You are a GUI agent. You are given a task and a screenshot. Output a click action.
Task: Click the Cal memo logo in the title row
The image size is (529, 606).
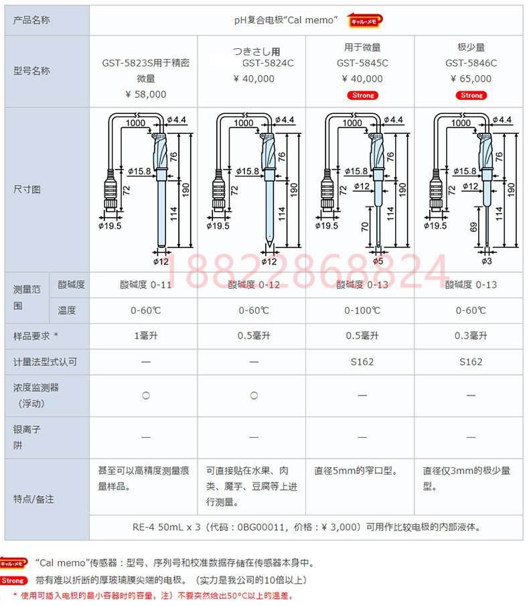click(x=364, y=21)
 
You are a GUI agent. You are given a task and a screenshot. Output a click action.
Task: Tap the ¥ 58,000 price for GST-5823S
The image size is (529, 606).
click(x=146, y=95)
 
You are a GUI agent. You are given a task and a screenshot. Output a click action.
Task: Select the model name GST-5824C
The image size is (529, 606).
click(x=268, y=63)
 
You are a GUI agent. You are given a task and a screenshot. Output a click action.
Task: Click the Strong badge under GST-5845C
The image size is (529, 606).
click(x=362, y=95)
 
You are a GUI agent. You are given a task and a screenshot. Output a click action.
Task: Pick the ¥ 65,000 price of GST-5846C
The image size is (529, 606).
click(x=471, y=79)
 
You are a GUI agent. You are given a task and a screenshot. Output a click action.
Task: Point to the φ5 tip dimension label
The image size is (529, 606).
click(x=378, y=261)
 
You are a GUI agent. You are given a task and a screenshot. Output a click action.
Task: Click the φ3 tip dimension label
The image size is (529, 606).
click(x=487, y=261)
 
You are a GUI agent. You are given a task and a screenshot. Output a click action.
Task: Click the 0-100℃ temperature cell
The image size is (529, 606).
click(x=362, y=310)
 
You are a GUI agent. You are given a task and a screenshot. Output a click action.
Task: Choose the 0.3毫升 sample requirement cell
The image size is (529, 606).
click(x=471, y=336)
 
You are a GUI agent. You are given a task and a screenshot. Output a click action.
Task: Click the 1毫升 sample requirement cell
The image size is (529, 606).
click(x=146, y=336)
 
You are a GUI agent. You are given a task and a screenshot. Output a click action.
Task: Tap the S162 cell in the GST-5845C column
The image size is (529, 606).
click(x=362, y=362)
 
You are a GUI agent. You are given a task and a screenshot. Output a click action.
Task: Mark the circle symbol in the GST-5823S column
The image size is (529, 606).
click(x=145, y=396)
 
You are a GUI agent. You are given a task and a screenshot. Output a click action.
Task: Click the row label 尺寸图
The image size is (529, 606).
click(x=27, y=189)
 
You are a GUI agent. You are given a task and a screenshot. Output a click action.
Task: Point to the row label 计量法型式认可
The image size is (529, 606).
click(x=45, y=362)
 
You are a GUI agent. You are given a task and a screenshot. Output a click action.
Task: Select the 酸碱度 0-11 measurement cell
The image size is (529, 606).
click(x=145, y=285)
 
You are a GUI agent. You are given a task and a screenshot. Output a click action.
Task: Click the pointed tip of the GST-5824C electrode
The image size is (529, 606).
click(x=269, y=246)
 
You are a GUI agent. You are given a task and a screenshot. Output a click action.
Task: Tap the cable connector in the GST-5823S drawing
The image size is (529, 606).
click(x=110, y=190)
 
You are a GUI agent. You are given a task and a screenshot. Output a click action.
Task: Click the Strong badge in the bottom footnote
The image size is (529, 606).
click(x=13, y=581)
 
